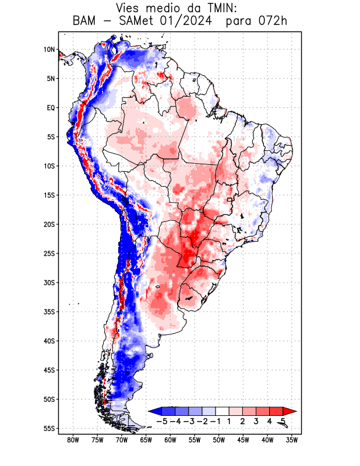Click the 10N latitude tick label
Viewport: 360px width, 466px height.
point(49,50)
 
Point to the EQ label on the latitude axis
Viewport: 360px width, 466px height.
point(51,108)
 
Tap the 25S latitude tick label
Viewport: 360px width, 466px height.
point(49,253)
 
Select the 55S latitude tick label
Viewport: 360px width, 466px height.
point(49,428)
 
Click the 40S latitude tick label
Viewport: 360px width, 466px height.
point(49,341)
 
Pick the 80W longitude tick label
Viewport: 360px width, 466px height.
point(73,440)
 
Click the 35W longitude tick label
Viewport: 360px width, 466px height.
point(292,440)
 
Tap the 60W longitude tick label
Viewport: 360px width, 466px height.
point(170,440)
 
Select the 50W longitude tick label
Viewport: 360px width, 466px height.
point(219,440)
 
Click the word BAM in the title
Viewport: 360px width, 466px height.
point(85,22)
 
